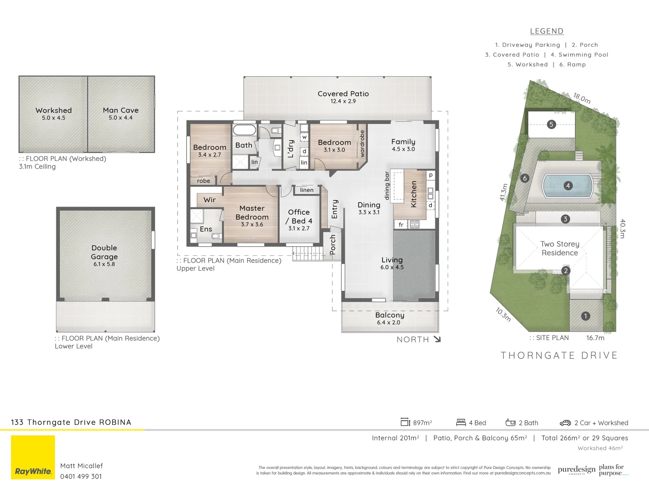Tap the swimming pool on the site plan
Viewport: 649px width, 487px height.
(x=567, y=186)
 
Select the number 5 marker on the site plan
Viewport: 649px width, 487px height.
(x=551, y=124)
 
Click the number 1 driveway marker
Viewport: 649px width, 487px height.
(x=585, y=316)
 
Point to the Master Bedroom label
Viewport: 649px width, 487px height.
(x=252, y=212)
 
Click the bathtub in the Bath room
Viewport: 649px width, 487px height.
(x=244, y=130)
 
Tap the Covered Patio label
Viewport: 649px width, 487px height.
(x=343, y=94)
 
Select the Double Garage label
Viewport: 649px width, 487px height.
(x=104, y=252)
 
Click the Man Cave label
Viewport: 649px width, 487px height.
(x=120, y=110)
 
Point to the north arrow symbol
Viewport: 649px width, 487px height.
(x=437, y=339)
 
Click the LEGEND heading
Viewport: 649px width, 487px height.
(x=546, y=31)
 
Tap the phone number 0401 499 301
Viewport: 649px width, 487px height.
(x=81, y=476)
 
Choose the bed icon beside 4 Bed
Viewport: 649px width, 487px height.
(x=461, y=423)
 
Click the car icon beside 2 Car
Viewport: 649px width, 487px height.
(x=565, y=423)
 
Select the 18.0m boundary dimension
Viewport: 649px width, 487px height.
(x=581, y=98)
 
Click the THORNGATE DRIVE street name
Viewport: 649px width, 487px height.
(x=559, y=355)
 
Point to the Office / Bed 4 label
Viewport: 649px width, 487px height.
(x=299, y=216)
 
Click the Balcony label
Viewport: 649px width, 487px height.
(x=389, y=315)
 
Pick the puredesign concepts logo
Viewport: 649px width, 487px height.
(x=576, y=470)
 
